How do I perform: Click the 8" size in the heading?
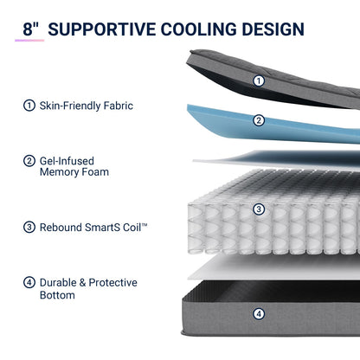(x=30, y=29)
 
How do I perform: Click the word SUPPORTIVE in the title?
(x=102, y=29)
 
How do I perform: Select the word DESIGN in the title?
(x=273, y=29)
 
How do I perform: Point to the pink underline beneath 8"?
(x=29, y=41)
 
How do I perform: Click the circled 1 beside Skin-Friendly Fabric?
(x=29, y=106)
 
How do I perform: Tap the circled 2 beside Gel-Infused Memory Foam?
(x=29, y=161)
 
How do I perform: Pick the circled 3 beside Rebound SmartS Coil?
(x=29, y=227)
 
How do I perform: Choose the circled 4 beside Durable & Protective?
(x=29, y=282)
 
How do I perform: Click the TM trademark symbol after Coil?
(x=145, y=224)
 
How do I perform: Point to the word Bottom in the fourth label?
(x=57, y=295)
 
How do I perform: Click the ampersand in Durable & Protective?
(x=82, y=283)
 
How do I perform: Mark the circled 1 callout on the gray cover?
(x=259, y=80)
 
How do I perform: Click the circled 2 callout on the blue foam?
(x=259, y=120)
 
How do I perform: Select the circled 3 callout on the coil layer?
(x=259, y=209)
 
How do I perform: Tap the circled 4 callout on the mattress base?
(x=259, y=314)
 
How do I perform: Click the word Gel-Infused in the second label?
(x=67, y=161)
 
